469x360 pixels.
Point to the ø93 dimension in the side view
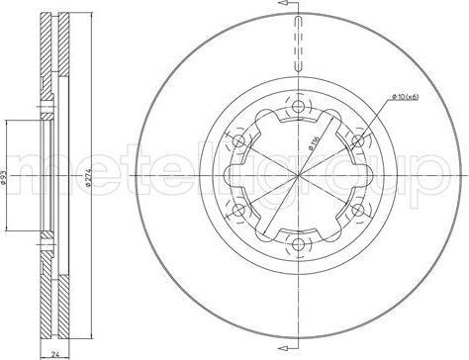click(x=7, y=176)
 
